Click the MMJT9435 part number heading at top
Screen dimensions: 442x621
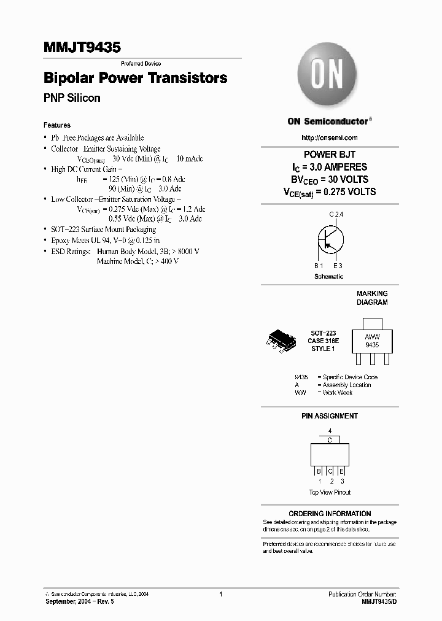tap(82, 47)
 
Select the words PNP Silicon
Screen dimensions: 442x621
tap(72, 98)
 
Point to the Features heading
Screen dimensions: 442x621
tap(57, 125)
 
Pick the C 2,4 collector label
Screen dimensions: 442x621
tap(336, 214)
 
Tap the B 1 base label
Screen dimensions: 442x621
tap(318, 266)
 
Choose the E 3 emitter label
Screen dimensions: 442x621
tap(338, 266)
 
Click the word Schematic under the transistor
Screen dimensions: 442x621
tap(328, 277)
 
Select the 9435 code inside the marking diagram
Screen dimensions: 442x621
tap(372, 345)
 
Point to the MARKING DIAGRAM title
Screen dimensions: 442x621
tap(372, 298)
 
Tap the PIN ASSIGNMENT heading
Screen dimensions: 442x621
tap(330, 416)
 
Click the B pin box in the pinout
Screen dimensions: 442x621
tap(319, 471)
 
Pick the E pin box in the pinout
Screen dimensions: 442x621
tap(341, 471)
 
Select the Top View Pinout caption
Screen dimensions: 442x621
tap(330, 492)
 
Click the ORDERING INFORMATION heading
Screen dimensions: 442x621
tap(330, 514)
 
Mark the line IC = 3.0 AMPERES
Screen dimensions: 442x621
tap(330, 167)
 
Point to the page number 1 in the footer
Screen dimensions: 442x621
tap(220, 595)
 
